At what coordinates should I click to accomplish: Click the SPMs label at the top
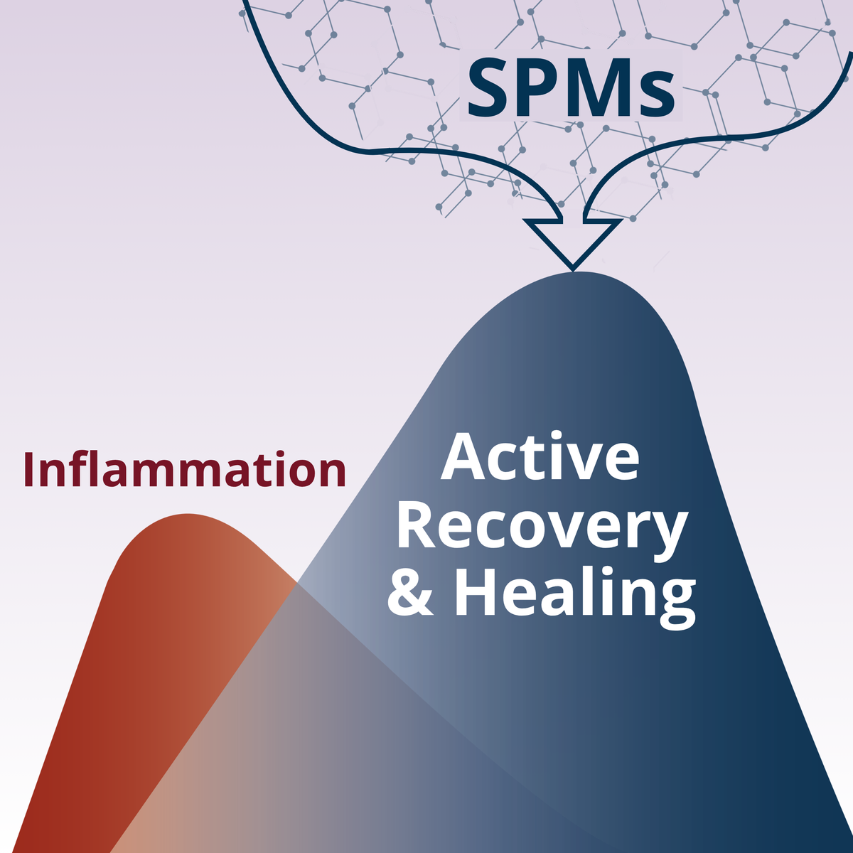571,87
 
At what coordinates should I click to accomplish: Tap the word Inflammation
185,469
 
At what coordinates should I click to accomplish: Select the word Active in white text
540,456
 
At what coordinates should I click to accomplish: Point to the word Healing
574,596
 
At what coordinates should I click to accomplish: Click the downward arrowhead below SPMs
572,245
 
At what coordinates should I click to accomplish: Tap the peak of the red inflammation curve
188,515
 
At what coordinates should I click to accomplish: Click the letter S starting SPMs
487,87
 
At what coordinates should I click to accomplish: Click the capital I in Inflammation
28,469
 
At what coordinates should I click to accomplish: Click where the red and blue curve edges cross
297,584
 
